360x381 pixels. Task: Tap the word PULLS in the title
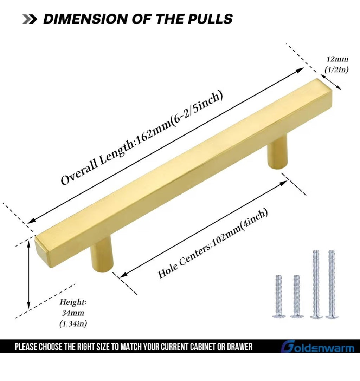coord(213,19)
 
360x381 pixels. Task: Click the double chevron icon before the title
coord(30,19)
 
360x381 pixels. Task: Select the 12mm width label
coord(337,59)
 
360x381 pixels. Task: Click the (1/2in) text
coord(337,70)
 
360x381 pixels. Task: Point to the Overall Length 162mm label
coord(142,138)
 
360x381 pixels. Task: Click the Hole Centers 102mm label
coord(213,244)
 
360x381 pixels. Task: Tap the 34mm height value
coord(73,313)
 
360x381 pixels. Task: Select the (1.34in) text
coord(73,324)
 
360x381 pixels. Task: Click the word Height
coord(73,302)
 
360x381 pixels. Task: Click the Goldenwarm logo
coord(317,347)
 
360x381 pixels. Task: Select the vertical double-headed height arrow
coord(29,274)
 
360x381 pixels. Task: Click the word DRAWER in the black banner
coord(240,347)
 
